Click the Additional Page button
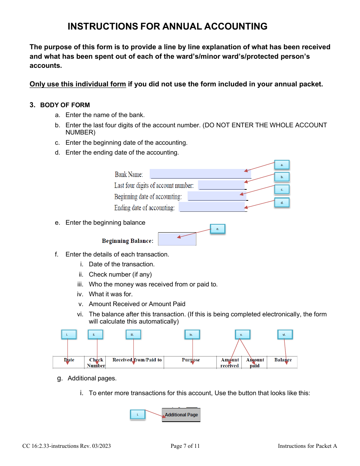[x=181, y=415]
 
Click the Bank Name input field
[x=200, y=174]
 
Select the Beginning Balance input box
[x=177, y=239]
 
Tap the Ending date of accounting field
[x=212, y=207]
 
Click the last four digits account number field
[x=222, y=185]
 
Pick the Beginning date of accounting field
[x=217, y=196]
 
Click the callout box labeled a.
[x=282, y=165]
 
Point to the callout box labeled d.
[x=282, y=203]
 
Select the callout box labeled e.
[x=218, y=229]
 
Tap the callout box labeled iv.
[x=192, y=335]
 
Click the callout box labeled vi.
[x=285, y=335]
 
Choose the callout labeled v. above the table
[x=242, y=335]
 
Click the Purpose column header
[x=191, y=360]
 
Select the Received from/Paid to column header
[x=137, y=360]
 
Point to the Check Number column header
[x=96, y=363]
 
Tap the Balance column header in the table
[x=283, y=360]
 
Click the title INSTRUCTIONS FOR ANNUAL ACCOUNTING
[x=167, y=26]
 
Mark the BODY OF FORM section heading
[x=65, y=105]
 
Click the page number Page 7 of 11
[x=185, y=446]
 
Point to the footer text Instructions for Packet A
[x=307, y=446]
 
